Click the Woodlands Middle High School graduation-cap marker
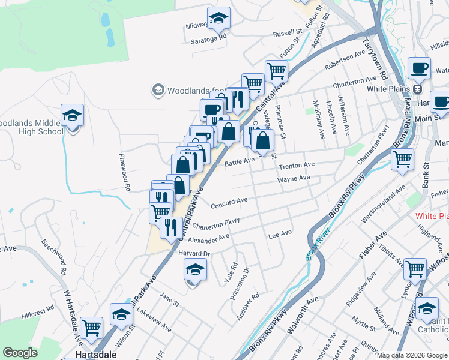point(73,116)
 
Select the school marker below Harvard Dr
point(194,271)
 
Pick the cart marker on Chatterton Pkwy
point(402,160)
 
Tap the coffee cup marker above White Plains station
point(419,69)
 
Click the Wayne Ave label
point(294,179)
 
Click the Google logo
point(20,352)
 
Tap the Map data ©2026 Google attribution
point(412,355)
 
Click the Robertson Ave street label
point(345,59)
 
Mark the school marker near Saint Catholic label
point(427,310)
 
